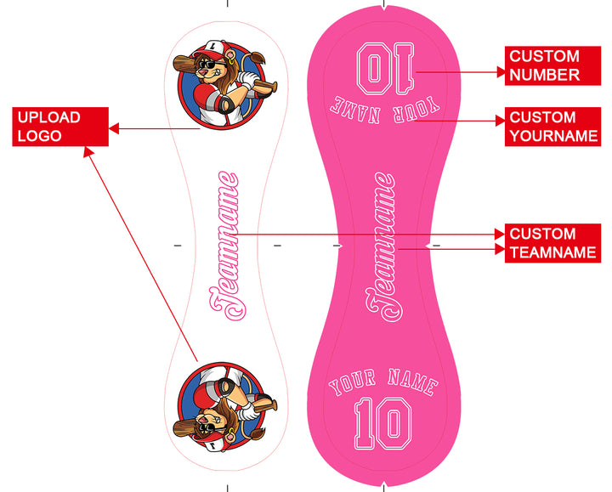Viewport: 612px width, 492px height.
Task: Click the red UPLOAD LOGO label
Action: [59, 127]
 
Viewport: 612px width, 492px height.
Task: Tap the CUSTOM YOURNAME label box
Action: [552, 127]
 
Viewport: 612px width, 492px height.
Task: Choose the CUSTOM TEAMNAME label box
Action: [552, 243]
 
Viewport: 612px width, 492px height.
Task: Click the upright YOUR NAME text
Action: [383, 384]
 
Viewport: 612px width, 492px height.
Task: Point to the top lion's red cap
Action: [210, 53]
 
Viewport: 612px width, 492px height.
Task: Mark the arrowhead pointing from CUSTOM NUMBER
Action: [499, 73]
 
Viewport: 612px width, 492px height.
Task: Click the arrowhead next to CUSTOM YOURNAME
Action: [499, 121]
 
